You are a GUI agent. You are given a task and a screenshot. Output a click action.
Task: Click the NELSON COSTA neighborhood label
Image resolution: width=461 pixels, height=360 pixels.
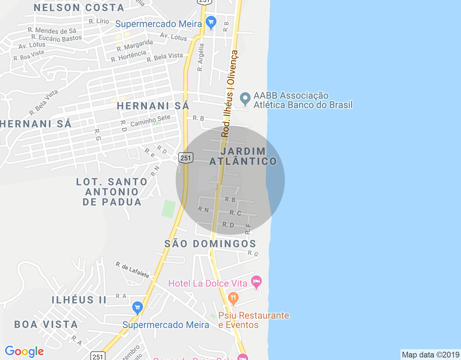(x=79, y=8)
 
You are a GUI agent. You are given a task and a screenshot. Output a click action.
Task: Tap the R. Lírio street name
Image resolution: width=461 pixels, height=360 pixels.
(x=99, y=21)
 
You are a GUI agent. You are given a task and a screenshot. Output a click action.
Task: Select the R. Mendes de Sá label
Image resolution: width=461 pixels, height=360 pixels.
(x=52, y=31)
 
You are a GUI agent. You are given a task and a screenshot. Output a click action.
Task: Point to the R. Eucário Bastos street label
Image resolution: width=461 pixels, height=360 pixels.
(x=57, y=38)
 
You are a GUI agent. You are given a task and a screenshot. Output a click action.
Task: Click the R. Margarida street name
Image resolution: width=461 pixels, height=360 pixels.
(x=135, y=45)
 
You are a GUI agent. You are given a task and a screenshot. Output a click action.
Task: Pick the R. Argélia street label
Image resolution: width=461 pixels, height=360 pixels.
(x=201, y=57)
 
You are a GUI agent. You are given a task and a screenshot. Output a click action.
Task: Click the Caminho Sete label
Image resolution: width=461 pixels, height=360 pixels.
(x=150, y=121)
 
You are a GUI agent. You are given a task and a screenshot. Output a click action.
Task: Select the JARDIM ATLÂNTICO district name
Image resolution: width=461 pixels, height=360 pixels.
(x=243, y=156)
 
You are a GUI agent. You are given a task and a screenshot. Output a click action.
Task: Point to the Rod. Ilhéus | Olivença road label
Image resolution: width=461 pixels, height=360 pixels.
(x=229, y=94)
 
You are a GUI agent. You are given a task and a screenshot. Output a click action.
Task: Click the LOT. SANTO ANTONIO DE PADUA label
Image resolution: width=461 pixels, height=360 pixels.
(x=112, y=192)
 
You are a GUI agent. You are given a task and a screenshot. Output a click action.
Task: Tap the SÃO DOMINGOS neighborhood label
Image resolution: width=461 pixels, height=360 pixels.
(x=210, y=244)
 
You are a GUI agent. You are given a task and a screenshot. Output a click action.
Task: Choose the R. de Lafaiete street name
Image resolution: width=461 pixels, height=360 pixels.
(x=132, y=270)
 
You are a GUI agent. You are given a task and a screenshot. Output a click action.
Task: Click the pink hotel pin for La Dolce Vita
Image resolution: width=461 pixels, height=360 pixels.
(x=256, y=282)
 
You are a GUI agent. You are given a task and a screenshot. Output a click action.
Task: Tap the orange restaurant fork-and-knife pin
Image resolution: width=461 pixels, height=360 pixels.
(x=233, y=298)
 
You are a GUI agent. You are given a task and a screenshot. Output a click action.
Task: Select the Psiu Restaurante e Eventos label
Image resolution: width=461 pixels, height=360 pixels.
(x=254, y=320)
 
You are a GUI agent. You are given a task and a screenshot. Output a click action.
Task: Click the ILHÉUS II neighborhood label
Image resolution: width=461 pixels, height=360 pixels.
(x=79, y=300)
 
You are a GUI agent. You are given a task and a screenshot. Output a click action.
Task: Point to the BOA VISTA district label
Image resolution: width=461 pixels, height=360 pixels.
(x=46, y=324)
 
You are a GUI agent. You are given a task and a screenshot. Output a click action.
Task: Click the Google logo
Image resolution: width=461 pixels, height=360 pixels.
(x=24, y=351)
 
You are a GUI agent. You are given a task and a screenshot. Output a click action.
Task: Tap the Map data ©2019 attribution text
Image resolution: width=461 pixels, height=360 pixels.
(x=430, y=355)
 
